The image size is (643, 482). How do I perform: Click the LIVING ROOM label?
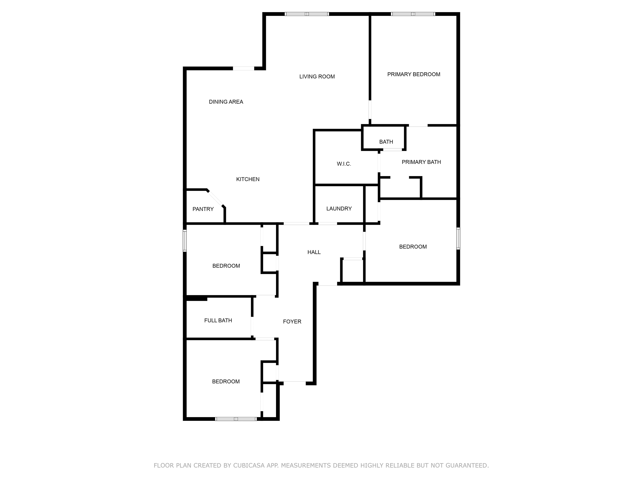click(317, 77)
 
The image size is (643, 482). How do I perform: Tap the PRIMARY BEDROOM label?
click(414, 74)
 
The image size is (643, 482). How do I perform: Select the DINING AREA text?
click(226, 102)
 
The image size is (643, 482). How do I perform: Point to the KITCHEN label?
click(248, 179)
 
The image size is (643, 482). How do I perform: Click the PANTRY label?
click(203, 209)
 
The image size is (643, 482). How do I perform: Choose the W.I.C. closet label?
click(344, 164)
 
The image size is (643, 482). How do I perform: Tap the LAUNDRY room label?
click(339, 209)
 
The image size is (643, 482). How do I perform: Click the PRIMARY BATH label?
click(421, 162)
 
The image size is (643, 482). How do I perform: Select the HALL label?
click(314, 252)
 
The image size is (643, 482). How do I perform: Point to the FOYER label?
click(292, 322)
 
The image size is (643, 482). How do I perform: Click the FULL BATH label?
click(218, 321)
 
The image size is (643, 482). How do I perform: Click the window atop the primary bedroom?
click(413, 14)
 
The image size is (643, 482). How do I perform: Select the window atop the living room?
click(307, 14)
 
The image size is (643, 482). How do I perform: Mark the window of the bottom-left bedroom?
click(236, 419)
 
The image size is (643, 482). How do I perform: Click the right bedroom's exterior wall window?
click(458, 239)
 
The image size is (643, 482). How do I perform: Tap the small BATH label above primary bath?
click(386, 142)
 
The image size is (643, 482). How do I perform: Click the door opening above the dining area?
click(244, 69)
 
